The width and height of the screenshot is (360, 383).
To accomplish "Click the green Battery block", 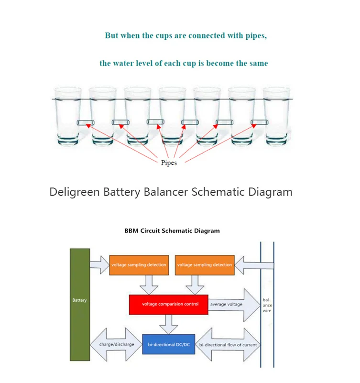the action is pyautogui.click(x=80, y=305).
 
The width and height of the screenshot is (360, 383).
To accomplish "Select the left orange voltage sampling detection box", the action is pyautogui.click(x=139, y=265).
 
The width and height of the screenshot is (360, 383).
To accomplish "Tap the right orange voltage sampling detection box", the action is pyautogui.click(x=205, y=265).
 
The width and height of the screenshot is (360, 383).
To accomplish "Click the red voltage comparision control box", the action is pyautogui.click(x=168, y=305).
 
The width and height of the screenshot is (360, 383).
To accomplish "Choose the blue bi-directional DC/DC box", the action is pyautogui.click(x=168, y=344).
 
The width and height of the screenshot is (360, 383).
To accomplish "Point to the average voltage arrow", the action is pyautogui.click(x=234, y=305).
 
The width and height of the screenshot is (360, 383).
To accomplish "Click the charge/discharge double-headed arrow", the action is pyautogui.click(x=116, y=344).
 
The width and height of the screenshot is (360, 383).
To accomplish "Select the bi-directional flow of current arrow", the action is pyautogui.click(x=228, y=344).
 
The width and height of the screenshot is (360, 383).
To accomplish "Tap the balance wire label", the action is pyautogui.click(x=267, y=305).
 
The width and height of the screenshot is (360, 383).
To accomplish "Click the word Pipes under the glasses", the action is pyautogui.click(x=169, y=163).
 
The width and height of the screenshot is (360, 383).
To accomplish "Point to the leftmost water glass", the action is pyautogui.click(x=68, y=116).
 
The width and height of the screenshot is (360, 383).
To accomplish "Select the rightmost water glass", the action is pyautogui.click(x=276, y=116).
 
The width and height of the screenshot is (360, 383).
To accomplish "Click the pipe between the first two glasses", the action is pyautogui.click(x=86, y=122).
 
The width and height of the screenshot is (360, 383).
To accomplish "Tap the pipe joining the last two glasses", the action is pyautogui.click(x=260, y=122).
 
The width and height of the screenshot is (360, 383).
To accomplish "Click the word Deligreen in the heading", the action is pyautogui.click(x=75, y=192).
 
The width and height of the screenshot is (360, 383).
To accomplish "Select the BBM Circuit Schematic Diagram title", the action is pyautogui.click(x=172, y=231).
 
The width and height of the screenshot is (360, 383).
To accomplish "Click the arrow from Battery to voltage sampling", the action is pyautogui.click(x=99, y=265).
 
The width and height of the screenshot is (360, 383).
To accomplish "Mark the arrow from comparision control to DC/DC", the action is pyautogui.click(x=168, y=324).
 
